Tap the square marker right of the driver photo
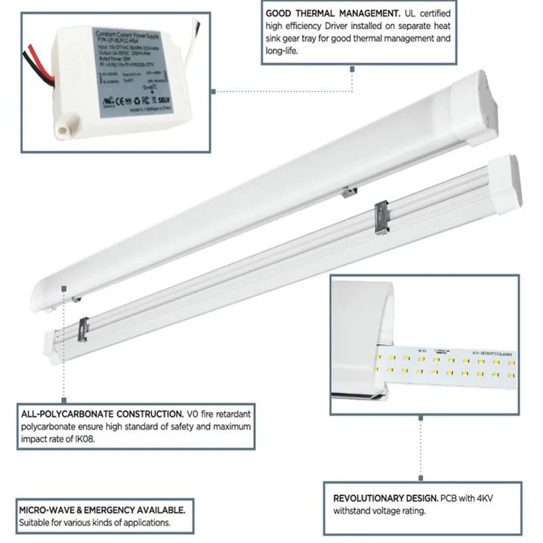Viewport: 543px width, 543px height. pos(214,90)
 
